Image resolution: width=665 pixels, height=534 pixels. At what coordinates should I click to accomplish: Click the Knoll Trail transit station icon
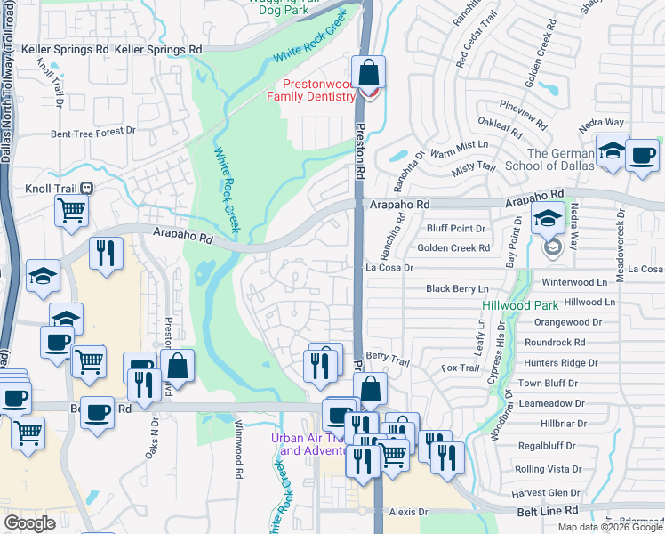87,189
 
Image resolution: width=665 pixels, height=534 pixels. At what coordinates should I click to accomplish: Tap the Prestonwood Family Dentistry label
313,90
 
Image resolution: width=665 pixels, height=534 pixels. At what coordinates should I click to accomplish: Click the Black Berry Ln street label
457,288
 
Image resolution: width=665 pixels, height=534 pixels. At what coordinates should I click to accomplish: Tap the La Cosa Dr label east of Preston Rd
390,267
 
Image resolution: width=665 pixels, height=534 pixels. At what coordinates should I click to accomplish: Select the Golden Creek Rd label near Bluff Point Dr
453,247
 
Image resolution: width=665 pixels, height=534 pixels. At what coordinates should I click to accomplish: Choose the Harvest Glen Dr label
546,493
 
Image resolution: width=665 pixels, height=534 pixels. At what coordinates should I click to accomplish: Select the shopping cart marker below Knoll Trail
71,211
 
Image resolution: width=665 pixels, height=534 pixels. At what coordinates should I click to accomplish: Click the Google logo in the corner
29,523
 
